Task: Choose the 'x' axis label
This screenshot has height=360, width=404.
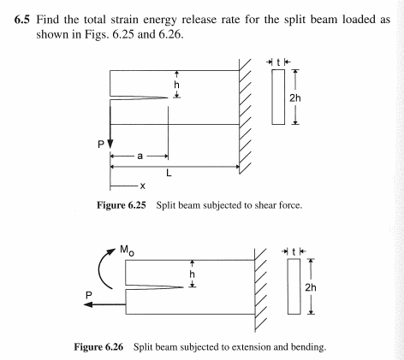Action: (x=141, y=186)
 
